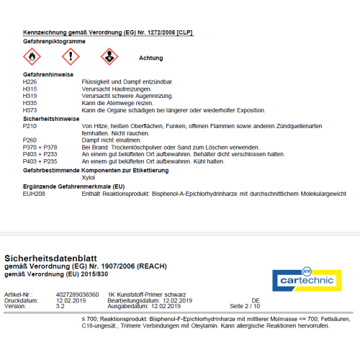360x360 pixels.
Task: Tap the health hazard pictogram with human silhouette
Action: tap(106, 56)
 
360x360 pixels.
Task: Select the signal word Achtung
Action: tap(151, 57)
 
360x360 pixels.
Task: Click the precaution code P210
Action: tap(30, 125)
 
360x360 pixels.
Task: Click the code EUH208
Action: tap(34, 194)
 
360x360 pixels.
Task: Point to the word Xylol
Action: tap(89, 176)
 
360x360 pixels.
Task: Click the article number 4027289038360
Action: tap(78, 294)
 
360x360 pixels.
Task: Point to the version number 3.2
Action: tap(59, 306)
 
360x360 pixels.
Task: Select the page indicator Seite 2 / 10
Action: tap(245, 306)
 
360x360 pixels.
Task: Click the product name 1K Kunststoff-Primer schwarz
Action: tap(147, 294)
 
